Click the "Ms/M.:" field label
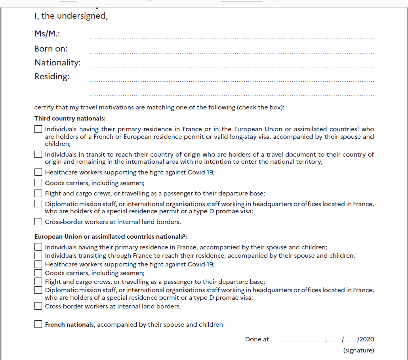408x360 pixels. point(47,34)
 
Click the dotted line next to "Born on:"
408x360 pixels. point(232,53)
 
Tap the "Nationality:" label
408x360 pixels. point(57,63)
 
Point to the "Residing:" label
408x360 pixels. point(52,77)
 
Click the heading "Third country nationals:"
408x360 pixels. point(70,119)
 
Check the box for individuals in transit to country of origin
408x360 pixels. point(38,154)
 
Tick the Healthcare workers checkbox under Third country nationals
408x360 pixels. point(38,172)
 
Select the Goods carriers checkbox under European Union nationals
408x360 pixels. point(38,273)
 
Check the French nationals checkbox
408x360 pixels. point(38,324)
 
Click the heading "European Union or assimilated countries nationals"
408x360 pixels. point(110,237)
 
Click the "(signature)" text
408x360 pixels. point(358,350)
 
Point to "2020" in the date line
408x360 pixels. point(367,339)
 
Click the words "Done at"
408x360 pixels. point(257,339)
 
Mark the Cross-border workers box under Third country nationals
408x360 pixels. point(38,222)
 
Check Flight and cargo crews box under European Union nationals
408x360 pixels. point(38,281)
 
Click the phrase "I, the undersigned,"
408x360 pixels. point(71,17)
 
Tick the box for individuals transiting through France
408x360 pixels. point(38,256)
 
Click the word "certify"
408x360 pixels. point(43,107)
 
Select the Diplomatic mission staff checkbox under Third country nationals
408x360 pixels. point(38,204)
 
